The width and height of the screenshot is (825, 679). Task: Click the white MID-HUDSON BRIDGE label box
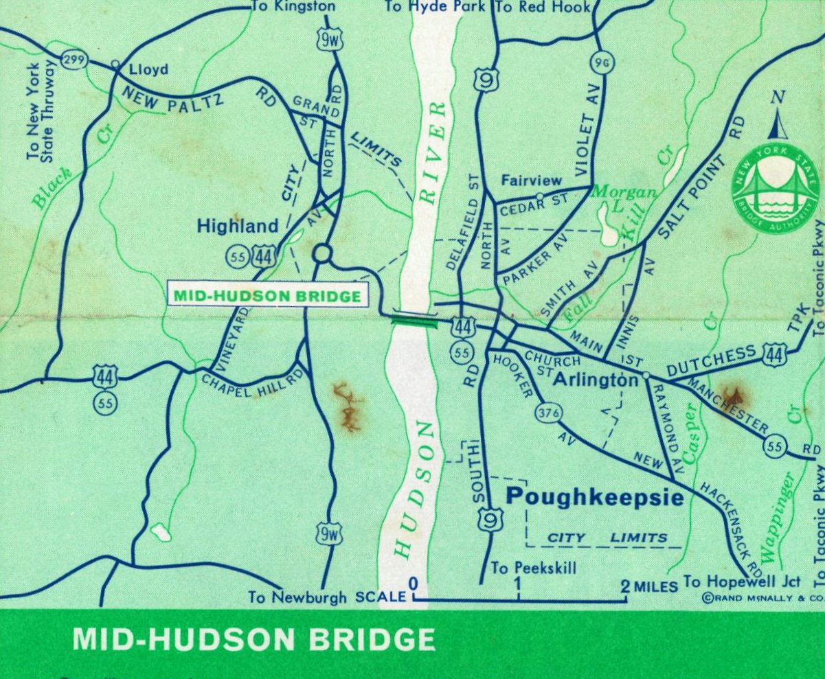click(x=268, y=297)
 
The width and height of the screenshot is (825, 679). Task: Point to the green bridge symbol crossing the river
click(x=414, y=319)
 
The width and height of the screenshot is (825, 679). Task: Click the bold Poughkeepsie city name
click(x=595, y=497)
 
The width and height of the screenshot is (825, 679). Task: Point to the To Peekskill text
click(x=533, y=568)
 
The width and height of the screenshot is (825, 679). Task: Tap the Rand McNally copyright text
click(x=762, y=599)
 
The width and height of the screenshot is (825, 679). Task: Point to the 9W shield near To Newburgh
click(x=328, y=533)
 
